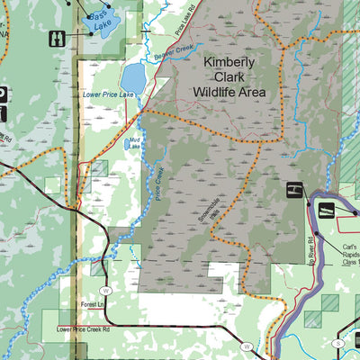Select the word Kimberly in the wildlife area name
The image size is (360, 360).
(x=229, y=62)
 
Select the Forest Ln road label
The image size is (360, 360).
(x=93, y=305)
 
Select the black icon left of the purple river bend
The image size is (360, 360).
(x=293, y=190)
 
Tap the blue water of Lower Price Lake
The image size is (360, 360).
(x=133, y=72)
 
